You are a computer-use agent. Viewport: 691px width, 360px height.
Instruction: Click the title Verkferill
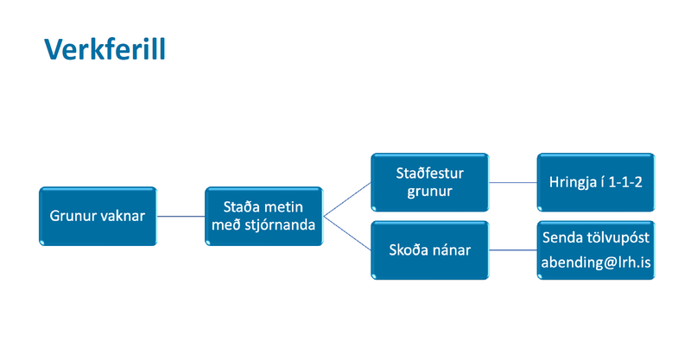pyautogui.click(x=105, y=49)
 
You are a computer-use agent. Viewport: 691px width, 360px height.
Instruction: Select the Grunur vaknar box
pyautogui.click(x=98, y=216)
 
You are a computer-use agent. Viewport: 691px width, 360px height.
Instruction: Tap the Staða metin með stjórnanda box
pyautogui.click(x=264, y=216)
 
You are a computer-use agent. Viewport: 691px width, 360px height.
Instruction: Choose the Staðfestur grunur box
pyautogui.click(x=429, y=182)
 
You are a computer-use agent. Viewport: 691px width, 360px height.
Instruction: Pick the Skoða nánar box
pyautogui.click(x=429, y=249)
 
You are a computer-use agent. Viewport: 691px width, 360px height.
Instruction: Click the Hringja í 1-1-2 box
pyautogui.click(x=596, y=182)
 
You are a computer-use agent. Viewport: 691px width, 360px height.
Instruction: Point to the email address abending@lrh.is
pyautogui.click(x=596, y=262)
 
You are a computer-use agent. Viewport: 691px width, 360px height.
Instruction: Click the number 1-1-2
pyautogui.click(x=625, y=182)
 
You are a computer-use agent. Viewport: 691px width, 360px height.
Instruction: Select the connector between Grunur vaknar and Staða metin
pyautogui.click(x=181, y=216)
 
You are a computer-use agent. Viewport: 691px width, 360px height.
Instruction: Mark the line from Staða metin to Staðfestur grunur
pyautogui.click(x=347, y=199)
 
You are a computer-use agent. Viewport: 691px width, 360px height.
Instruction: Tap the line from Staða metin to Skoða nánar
pyautogui.click(x=347, y=233)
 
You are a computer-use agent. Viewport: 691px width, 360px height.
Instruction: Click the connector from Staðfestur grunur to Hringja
pyautogui.click(x=513, y=182)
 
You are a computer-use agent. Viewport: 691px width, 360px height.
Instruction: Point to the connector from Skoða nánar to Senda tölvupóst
pyautogui.click(x=513, y=249)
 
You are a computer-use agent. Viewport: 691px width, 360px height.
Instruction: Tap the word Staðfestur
pyautogui.click(x=429, y=174)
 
